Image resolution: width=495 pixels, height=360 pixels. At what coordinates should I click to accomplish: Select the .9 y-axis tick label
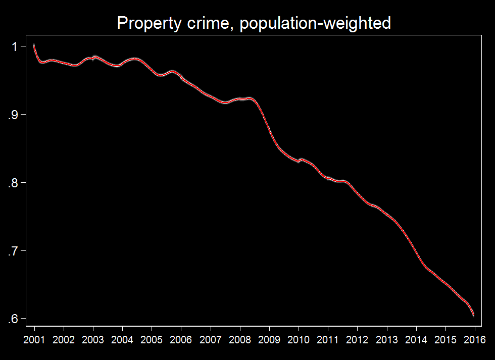coord(13,115)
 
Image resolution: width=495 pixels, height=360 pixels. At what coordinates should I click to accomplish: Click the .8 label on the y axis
coord(13,183)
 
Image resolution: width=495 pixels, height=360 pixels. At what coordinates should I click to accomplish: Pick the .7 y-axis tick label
coord(13,251)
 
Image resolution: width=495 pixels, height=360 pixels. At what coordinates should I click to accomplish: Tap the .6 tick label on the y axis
coord(13,319)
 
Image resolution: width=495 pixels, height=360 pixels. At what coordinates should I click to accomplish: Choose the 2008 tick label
coord(239,338)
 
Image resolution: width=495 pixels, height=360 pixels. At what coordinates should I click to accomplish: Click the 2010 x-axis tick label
coord(298,338)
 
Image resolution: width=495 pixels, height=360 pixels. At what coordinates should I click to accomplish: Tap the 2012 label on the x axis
coord(357,338)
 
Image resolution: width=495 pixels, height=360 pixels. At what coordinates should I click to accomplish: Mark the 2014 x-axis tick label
coord(416,338)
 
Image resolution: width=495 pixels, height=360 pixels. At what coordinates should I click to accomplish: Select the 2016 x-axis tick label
coord(474,338)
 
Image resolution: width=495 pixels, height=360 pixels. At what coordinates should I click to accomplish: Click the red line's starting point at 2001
coord(34,45)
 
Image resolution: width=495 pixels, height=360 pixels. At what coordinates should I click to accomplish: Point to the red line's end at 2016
coord(474,315)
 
